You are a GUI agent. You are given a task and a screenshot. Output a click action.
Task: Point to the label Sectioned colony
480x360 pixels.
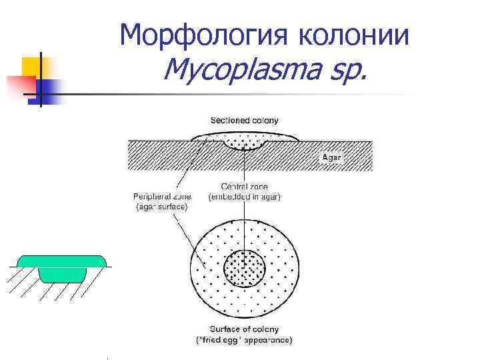point(245,120)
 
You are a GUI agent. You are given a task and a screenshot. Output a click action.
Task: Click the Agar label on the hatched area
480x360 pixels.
point(331,157)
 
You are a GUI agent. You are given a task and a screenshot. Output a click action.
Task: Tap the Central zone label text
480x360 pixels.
point(244,187)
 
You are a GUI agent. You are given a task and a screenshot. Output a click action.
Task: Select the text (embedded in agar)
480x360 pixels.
point(245,197)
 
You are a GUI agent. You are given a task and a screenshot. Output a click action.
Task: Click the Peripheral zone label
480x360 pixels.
point(162,197)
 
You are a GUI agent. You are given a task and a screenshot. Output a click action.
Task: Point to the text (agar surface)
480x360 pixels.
point(161,207)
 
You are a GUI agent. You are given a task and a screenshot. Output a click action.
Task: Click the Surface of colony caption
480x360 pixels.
point(244,329)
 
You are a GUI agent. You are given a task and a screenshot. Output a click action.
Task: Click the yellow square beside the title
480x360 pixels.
point(32,68)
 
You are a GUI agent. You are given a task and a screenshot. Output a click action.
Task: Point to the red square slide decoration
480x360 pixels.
point(19,85)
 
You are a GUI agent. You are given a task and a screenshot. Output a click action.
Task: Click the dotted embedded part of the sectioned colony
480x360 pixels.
point(245,142)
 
